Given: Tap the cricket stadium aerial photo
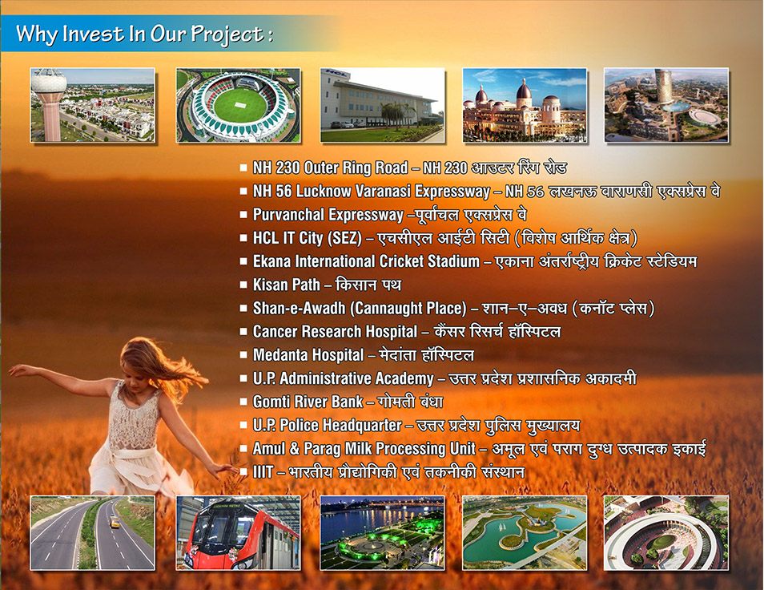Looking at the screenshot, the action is [x=239, y=105].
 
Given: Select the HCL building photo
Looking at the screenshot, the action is [x=383, y=105].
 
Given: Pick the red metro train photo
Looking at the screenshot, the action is [x=239, y=533].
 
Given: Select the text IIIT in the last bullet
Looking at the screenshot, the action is [x=263, y=472].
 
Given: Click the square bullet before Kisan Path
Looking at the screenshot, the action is [x=243, y=285].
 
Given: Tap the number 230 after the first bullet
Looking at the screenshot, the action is [x=288, y=168].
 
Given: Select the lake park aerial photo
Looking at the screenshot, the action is [x=525, y=533].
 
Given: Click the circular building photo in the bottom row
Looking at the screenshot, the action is [x=666, y=533].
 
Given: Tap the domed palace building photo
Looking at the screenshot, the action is [x=525, y=105].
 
